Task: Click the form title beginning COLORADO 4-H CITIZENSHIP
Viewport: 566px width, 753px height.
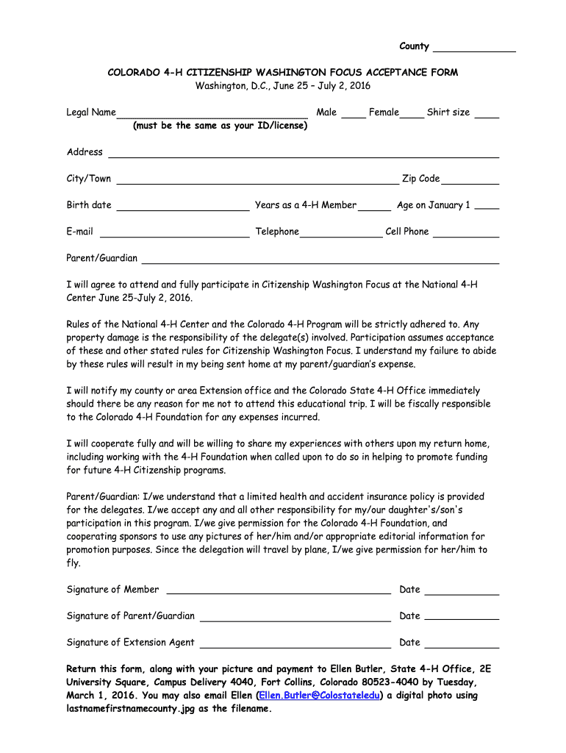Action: click(x=283, y=72)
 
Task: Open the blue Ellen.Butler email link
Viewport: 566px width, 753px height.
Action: click(x=319, y=696)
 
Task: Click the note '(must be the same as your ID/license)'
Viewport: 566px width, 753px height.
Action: click(x=220, y=126)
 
